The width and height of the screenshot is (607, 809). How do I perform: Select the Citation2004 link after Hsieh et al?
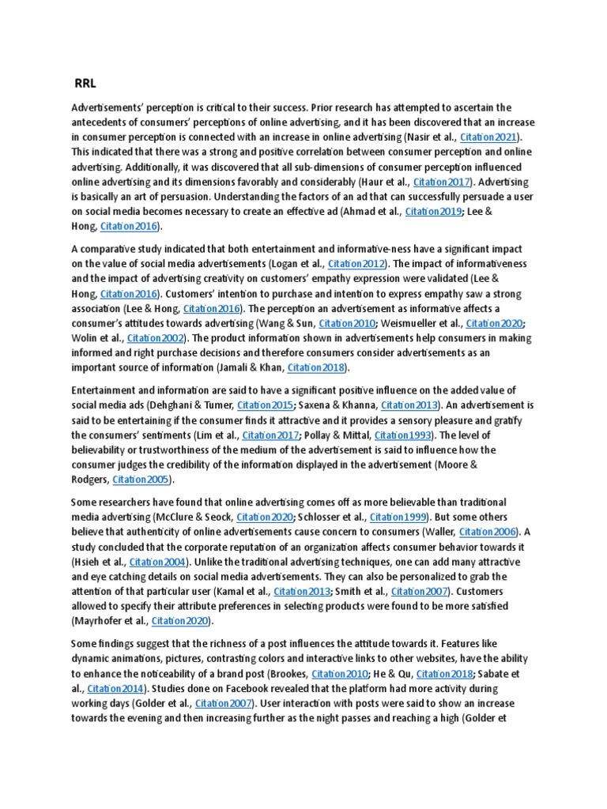[158, 562]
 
